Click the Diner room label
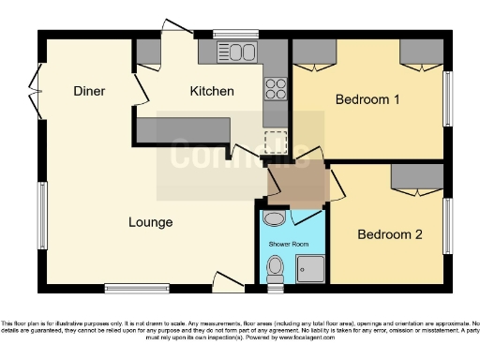pos(90,91)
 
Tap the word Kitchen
pos(212,91)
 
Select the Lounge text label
pos(151,222)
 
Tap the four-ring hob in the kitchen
pos(276,89)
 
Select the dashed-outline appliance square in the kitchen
pos(276,141)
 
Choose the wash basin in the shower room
pos(273,218)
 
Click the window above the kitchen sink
pos(229,35)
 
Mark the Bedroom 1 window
pos(447,97)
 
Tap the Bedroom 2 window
pos(447,226)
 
